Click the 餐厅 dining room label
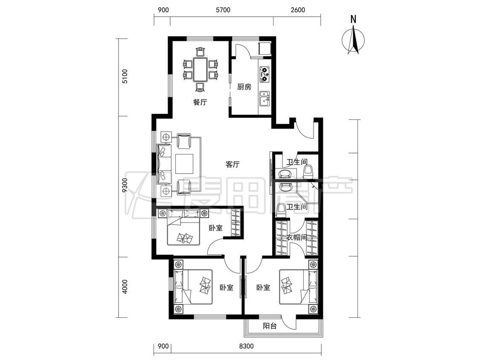[200, 102]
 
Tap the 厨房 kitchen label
[244, 87]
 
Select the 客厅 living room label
[233, 165]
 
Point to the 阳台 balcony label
[270, 326]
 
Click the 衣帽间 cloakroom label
[297, 237]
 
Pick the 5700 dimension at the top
[223, 10]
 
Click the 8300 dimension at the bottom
[246, 346]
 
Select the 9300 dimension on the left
[124, 185]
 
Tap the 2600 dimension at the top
[298, 10]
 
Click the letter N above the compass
[353, 19]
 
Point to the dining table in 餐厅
[201, 70]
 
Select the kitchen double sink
[264, 98]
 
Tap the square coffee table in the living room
[184, 164]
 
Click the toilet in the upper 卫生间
[308, 171]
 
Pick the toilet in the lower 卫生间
[281, 210]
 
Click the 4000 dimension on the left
[124, 286]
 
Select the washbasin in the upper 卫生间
[286, 174]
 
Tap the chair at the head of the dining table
[200, 52]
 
